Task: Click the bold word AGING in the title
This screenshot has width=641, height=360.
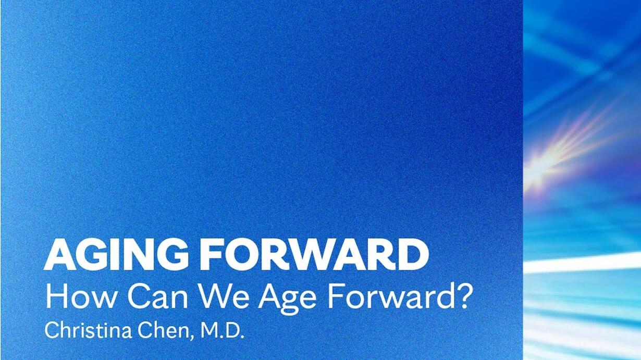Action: [116, 254]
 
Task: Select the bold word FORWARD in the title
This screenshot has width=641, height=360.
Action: [314, 254]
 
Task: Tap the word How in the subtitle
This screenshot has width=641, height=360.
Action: [80, 296]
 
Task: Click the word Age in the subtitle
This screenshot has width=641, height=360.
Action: [288, 300]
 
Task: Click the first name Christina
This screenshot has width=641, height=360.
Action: [88, 330]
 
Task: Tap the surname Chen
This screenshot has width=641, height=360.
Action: [163, 330]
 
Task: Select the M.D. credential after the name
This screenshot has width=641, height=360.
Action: [222, 330]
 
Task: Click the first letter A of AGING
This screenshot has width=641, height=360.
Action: [60, 255]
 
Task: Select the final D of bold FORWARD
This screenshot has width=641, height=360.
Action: [413, 255]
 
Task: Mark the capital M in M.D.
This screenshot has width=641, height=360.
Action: [209, 330]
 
